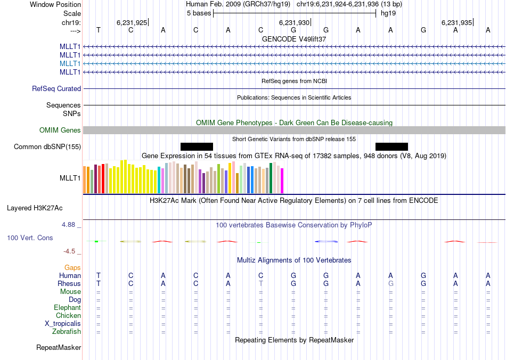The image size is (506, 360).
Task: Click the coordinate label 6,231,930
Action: pos(293,22)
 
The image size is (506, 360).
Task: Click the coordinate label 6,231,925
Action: pos(131,22)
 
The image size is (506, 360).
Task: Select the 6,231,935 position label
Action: pos(456,22)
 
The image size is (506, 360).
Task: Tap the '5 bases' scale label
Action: pos(198,13)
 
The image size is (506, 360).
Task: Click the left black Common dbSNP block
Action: pos(197,146)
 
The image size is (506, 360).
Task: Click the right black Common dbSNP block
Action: pos(391,146)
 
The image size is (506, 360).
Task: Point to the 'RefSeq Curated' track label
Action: pos(56,89)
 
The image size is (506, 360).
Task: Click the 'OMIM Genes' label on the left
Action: pos(60,130)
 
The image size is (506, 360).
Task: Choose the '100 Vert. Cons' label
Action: pos(30,238)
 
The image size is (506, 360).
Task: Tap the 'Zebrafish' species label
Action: pos(67,332)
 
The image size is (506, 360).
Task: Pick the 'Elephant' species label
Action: pos(67,308)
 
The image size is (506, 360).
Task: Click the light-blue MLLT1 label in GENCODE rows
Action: pos(70,63)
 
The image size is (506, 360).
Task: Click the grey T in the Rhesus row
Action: pos(261,284)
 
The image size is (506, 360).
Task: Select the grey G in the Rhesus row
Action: pos(391,284)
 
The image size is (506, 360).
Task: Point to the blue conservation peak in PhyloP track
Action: pos(326,241)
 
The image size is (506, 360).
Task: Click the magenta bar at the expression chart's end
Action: pos(282,181)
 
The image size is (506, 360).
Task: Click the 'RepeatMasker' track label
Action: pos(59,348)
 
